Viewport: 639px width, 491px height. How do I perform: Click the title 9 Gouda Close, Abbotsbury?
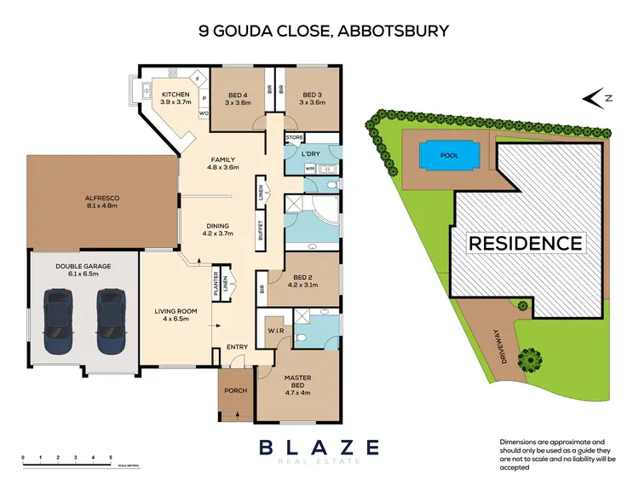(x=323, y=31)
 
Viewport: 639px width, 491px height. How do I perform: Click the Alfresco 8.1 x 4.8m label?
(x=101, y=202)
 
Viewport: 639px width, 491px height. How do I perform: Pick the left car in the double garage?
(x=58, y=320)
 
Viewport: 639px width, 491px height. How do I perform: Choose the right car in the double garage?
(x=112, y=320)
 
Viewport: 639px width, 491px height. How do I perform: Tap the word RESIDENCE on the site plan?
(x=526, y=243)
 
